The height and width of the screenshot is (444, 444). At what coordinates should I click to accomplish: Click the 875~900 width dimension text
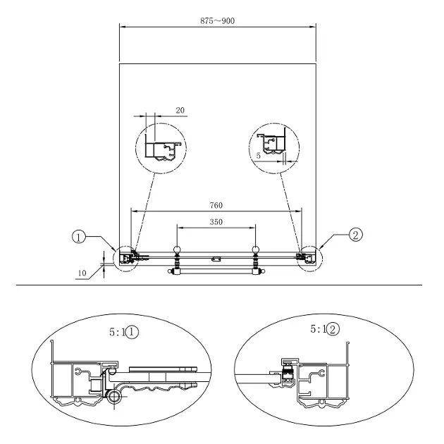pyautogui.click(x=217, y=21)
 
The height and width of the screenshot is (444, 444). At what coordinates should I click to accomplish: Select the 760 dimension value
pyautogui.click(x=216, y=205)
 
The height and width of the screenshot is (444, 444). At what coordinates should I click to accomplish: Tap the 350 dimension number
pyautogui.click(x=216, y=222)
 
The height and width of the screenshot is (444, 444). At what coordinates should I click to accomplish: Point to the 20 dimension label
pyautogui.click(x=180, y=110)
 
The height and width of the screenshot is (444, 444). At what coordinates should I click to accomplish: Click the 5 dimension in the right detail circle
pyautogui.click(x=258, y=156)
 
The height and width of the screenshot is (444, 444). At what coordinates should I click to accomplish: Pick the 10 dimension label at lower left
pyautogui.click(x=82, y=273)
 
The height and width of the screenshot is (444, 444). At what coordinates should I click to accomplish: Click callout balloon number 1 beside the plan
pyautogui.click(x=79, y=237)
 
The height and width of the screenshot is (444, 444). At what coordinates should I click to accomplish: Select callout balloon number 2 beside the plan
pyautogui.click(x=356, y=235)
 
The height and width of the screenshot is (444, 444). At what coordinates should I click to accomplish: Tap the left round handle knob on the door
pyautogui.click(x=177, y=249)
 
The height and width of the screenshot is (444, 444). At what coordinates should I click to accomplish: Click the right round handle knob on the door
pyautogui.click(x=256, y=249)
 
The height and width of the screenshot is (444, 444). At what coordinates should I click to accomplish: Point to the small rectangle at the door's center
pyautogui.click(x=216, y=258)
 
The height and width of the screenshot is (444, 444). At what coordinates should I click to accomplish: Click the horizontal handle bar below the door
pyautogui.click(x=216, y=271)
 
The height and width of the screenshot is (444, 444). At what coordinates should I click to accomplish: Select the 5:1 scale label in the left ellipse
pyautogui.click(x=117, y=332)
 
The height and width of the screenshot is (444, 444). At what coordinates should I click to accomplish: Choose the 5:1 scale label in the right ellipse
pyautogui.click(x=319, y=329)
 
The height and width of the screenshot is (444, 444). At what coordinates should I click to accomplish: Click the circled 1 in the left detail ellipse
pyautogui.click(x=132, y=332)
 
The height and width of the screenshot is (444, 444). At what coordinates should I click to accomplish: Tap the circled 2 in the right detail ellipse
pyautogui.click(x=333, y=330)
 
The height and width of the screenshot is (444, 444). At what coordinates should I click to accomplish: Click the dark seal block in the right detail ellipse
pyautogui.click(x=288, y=372)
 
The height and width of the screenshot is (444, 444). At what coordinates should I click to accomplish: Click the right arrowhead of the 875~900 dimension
pyautogui.click(x=313, y=27)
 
